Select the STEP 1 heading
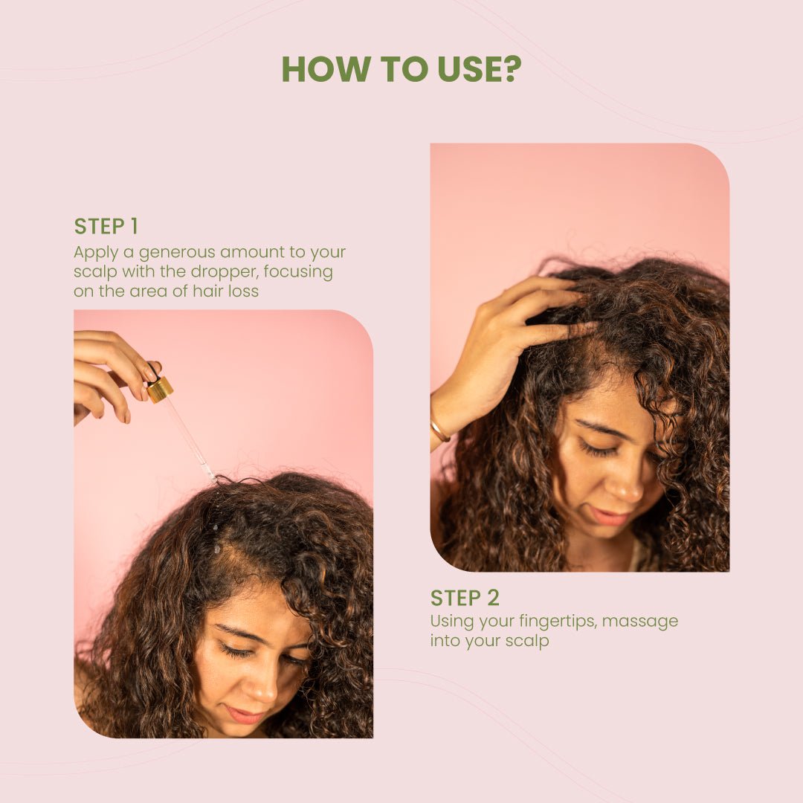[x=106, y=226]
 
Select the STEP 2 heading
[x=465, y=598]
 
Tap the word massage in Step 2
[x=640, y=620]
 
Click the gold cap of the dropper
[x=160, y=389]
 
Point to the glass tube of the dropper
[x=190, y=439]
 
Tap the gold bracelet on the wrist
[x=439, y=430]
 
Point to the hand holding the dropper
[x=108, y=372]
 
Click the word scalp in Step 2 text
[x=527, y=640]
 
